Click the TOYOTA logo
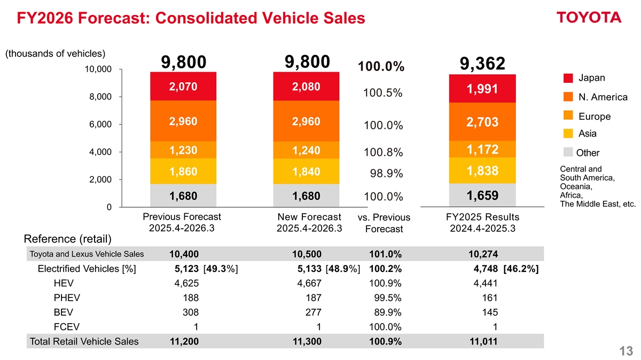pyautogui.click(x=589, y=18)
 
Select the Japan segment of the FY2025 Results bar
pyautogui.click(x=482, y=89)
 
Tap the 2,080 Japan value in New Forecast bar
pyautogui.click(x=306, y=87)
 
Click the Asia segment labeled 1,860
pyautogui.click(x=183, y=172)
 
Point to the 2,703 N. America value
pyautogui.click(x=482, y=122)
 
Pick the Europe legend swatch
pyautogui.click(x=568, y=115)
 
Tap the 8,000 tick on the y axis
pyautogui.click(x=100, y=97)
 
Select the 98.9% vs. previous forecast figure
pyautogui.click(x=387, y=174)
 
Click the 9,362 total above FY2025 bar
pyautogui.click(x=482, y=64)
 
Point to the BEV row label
pyautogui.click(x=64, y=312)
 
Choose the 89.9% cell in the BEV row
pyautogui.click(x=387, y=312)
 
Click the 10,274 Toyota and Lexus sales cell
pyautogui.click(x=482, y=254)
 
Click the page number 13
pyautogui.click(x=626, y=351)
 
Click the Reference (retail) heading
pyautogui.click(x=68, y=238)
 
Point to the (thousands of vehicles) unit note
pyautogui.click(x=55, y=53)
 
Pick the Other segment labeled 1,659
pyautogui.click(x=482, y=195)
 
